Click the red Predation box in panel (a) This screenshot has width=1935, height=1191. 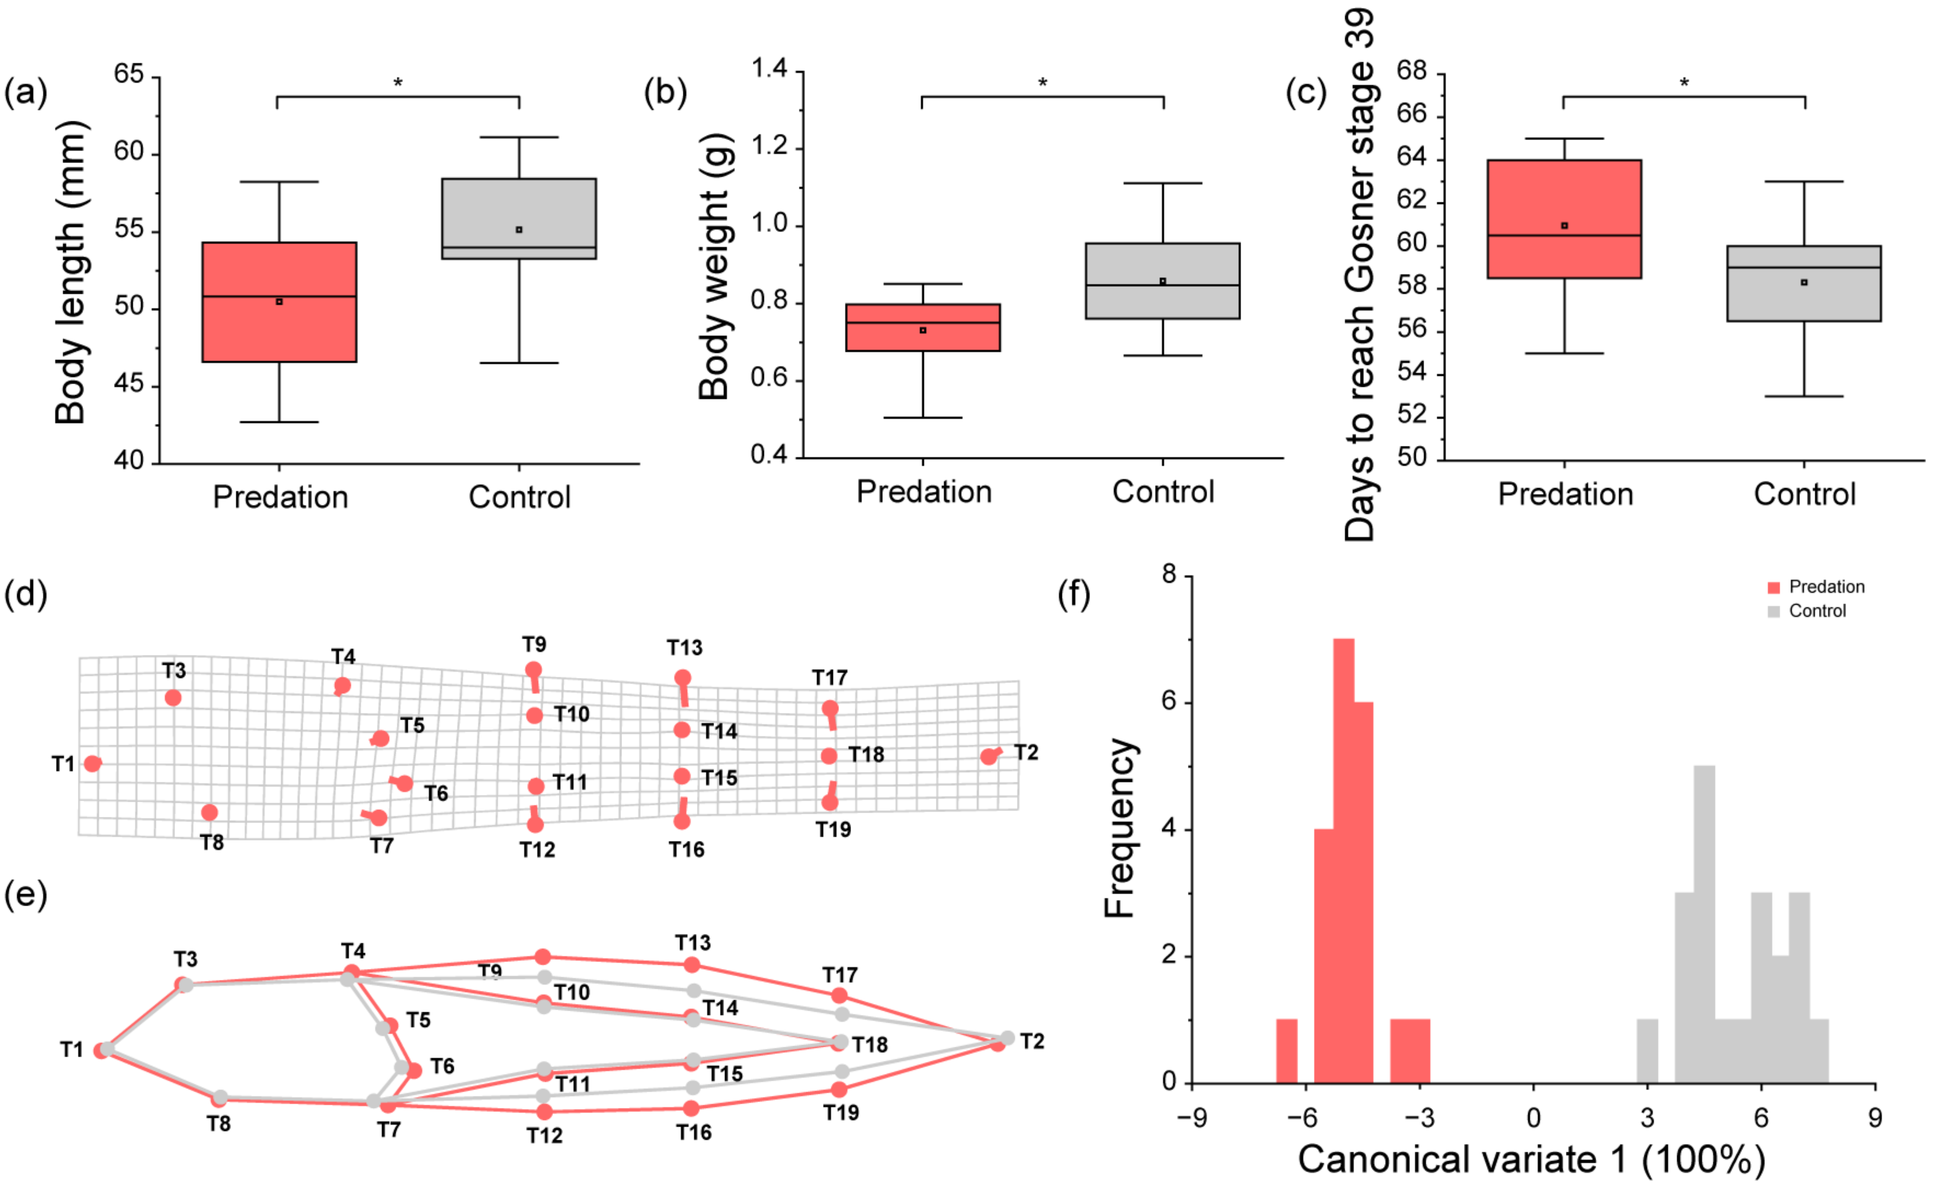(279, 303)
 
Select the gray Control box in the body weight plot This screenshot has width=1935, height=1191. (1163, 281)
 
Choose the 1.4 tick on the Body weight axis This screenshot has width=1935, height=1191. (769, 69)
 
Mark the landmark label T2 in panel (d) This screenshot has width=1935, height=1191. (1026, 752)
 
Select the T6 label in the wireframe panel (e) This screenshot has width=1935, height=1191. (442, 1066)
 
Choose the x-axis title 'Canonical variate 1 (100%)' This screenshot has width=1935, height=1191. (1531, 1159)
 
